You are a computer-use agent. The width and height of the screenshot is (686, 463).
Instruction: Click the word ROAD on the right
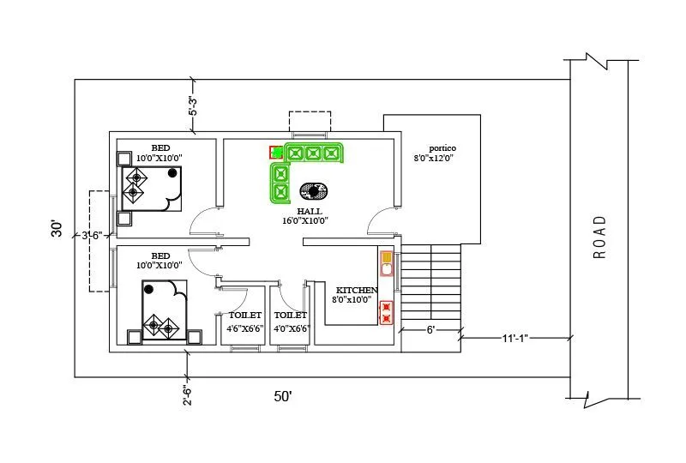point(599,237)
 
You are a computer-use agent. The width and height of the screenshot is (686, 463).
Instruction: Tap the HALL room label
point(310,211)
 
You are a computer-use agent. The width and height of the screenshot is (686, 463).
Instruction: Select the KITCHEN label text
point(356,290)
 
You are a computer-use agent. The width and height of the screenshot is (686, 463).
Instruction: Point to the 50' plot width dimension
point(283,396)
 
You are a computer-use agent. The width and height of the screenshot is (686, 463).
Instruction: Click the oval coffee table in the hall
point(313,190)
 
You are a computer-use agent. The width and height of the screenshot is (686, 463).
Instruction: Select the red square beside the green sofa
point(276,153)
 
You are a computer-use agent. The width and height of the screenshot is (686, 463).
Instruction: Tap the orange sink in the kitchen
point(387,257)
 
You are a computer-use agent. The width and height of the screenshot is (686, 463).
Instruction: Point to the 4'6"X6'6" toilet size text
point(244,328)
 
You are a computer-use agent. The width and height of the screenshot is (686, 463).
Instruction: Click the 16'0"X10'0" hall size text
point(306,220)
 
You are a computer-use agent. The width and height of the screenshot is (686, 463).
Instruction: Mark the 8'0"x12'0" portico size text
point(433,158)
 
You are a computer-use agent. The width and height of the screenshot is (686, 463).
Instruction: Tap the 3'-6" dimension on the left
point(92,235)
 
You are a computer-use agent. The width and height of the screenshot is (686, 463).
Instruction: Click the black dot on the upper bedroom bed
point(172,172)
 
